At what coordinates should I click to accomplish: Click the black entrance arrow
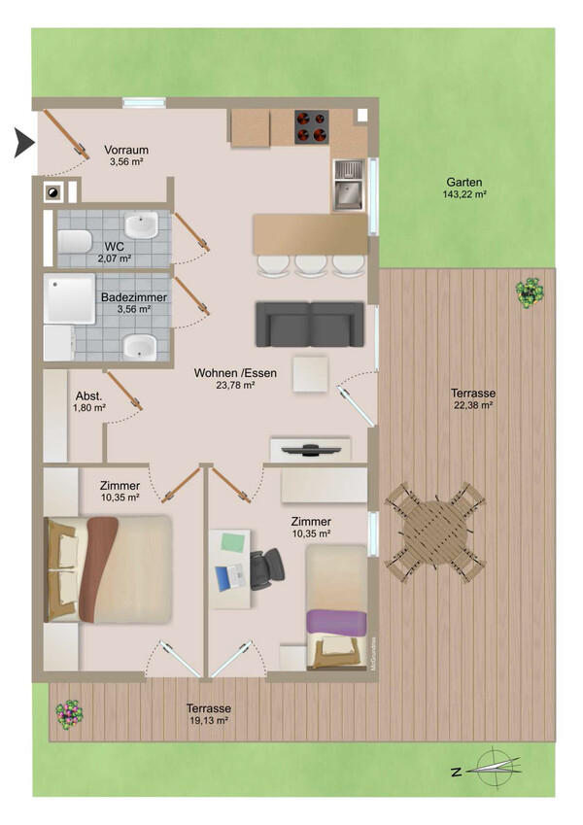click(x=23, y=143)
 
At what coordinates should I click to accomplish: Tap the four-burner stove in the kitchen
click(x=312, y=126)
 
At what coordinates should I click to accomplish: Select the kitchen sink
click(x=348, y=185)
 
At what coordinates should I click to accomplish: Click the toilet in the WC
click(x=75, y=242)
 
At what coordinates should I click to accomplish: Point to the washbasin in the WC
click(x=141, y=224)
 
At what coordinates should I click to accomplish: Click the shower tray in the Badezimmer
click(x=69, y=298)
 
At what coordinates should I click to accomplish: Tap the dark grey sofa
click(x=310, y=324)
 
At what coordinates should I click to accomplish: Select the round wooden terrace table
click(x=435, y=532)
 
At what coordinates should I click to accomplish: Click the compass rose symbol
click(x=495, y=769)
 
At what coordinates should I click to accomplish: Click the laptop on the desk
click(x=230, y=576)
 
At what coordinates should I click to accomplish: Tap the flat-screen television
click(x=309, y=449)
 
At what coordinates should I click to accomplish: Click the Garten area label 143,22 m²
click(x=464, y=194)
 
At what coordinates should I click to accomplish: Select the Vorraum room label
click(x=126, y=150)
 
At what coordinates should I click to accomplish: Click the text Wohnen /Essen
click(x=235, y=373)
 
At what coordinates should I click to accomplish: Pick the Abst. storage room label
click(x=89, y=395)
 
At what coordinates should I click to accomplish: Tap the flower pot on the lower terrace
click(x=69, y=714)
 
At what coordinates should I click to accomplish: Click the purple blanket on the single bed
click(x=337, y=623)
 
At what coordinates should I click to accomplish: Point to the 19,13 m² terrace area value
click(x=208, y=721)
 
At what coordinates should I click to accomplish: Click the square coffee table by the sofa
click(x=310, y=374)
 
